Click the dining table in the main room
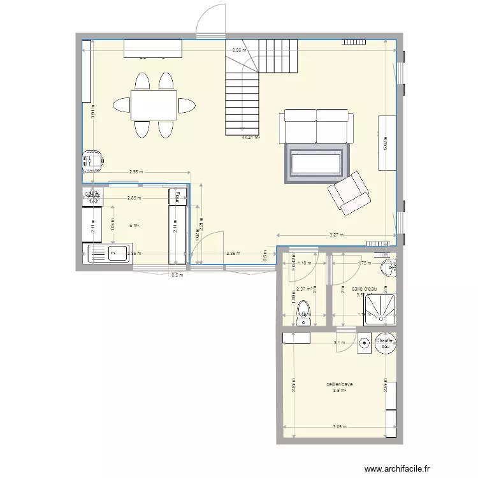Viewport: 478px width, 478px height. click(154, 105)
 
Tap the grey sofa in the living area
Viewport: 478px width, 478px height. click(317, 126)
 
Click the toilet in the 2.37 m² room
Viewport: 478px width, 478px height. click(305, 314)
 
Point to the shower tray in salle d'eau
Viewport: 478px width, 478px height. click(380, 310)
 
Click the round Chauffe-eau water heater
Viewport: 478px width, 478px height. click(385, 342)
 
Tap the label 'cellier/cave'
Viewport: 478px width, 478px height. click(340, 384)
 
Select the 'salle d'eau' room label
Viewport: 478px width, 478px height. click(365, 289)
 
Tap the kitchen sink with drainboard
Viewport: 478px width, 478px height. click(107, 254)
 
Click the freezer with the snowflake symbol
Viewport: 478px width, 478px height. click(93, 196)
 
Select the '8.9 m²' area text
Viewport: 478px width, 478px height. click(339, 391)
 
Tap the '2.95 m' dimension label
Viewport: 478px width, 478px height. click(136, 171)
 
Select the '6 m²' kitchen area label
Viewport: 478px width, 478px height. click(134, 225)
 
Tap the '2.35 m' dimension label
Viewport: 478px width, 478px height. click(233, 254)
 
